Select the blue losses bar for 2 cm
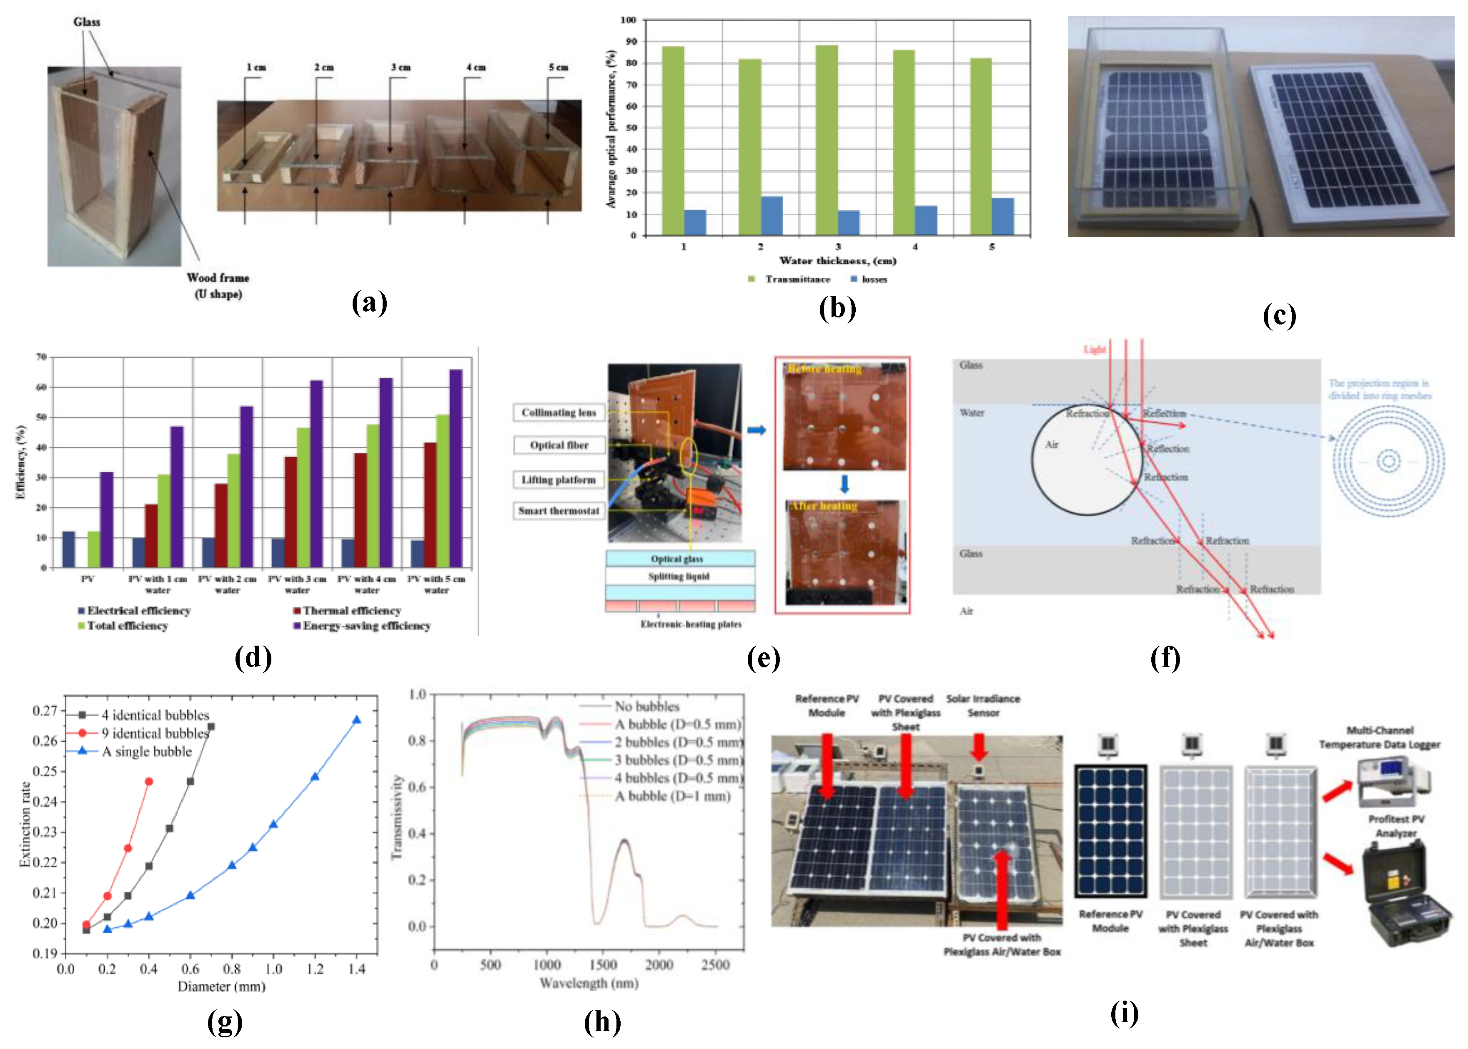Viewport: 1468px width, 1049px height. [772, 215]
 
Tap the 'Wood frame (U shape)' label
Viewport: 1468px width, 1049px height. [218, 286]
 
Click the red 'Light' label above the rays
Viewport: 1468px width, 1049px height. [1094, 350]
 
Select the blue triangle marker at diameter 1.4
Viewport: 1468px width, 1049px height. [356, 719]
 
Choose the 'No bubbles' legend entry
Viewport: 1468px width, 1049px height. [646, 707]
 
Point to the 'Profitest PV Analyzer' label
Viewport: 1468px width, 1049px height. [1396, 826]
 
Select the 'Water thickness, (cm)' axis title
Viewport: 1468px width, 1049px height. [837, 261]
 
